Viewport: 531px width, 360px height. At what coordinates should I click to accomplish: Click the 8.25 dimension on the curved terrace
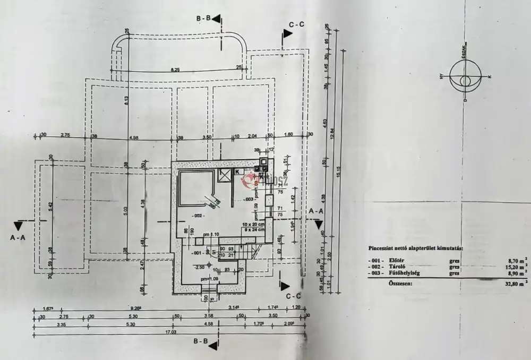(x=175, y=70)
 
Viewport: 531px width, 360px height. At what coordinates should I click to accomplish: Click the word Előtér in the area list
(x=397, y=260)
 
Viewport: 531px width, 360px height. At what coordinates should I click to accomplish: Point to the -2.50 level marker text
(x=200, y=267)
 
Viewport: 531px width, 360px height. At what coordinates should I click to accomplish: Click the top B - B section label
(x=204, y=19)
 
